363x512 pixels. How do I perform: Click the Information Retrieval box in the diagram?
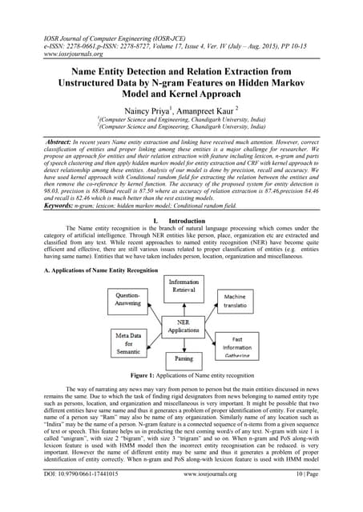click(x=183, y=286)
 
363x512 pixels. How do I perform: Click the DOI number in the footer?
click(x=61, y=496)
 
